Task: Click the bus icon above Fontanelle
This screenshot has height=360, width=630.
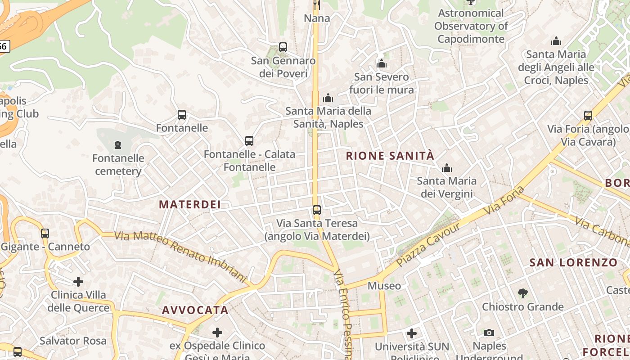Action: pos(182,115)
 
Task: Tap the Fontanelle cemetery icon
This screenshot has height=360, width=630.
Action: pos(118,145)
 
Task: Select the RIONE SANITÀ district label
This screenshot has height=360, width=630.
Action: pos(390,156)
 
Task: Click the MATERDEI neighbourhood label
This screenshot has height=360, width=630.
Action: pos(190,205)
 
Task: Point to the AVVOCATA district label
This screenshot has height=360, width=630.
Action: pos(195,310)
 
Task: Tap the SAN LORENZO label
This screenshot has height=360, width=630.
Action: pos(573,263)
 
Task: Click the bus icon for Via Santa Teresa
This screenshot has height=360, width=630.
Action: pos(317,210)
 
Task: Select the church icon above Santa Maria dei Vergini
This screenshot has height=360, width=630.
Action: pos(447,168)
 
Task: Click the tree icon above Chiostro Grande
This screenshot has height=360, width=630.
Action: pos(522,293)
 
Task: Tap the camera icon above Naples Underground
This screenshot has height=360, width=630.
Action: pos(489,333)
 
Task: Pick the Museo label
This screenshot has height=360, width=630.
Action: pos(384,286)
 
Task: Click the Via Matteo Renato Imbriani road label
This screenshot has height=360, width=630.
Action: pos(180,257)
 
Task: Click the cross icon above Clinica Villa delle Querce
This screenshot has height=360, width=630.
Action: pos(78,282)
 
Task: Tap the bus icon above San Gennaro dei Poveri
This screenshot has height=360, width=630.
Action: pos(283,47)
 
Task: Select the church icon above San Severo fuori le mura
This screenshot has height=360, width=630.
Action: pos(382,63)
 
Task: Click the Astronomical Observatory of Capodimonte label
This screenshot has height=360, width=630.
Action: pos(471,26)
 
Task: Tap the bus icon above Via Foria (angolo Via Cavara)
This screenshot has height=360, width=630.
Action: pos(588,116)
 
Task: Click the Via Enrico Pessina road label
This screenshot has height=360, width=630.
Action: pos(343,315)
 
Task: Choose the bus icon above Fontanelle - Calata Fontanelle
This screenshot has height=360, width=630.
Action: pos(249,141)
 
